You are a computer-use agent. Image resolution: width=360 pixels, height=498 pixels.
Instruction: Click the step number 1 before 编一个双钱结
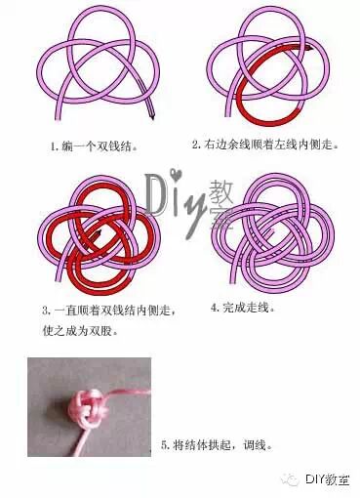pyautogui.click(x=53, y=146)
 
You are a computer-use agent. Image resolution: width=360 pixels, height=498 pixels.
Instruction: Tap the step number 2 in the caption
pyautogui.click(x=196, y=145)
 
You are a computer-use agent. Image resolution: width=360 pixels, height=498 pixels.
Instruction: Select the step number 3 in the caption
pyautogui.click(x=45, y=311)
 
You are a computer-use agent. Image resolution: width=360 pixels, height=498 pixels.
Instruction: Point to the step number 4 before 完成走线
pyautogui.click(x=214, y=307)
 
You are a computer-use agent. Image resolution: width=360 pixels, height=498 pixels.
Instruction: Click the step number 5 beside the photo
pyautogui.click(x=165, y=444)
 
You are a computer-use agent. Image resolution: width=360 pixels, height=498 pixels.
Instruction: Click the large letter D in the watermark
pyautogui.click(x=158, y=194)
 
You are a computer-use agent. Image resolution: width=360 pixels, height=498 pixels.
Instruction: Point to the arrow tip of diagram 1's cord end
pyautogui.click(x=151, y=116)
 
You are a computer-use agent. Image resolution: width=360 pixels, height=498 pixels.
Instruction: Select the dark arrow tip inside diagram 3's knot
pyautogui.click(x=98, y=232)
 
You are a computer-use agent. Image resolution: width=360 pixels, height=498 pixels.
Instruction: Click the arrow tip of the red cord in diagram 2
pyautogui.click(x=310, y=49)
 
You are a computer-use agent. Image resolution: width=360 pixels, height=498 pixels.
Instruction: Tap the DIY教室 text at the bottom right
pyautogui.click(x=327, y=479)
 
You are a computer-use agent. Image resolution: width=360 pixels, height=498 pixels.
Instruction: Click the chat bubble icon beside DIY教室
pyautogui.click(x=291, y=479)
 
